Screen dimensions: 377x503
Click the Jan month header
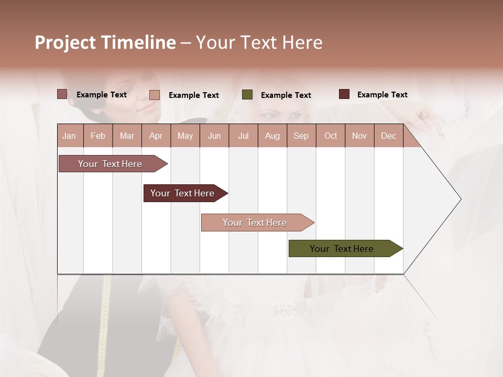pos(69,136)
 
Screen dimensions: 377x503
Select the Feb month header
pos(98,136)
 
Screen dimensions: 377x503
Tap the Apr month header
pos(156,136)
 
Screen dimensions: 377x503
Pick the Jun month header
pos(214,136)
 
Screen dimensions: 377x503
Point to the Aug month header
pos(272,136)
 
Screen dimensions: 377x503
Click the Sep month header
pos(301,136)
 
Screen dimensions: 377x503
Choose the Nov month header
pos(359,136)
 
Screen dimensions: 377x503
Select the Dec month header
pos(388,136)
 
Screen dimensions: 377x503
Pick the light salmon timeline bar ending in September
pos(255,223)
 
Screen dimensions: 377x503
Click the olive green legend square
pos(247,95)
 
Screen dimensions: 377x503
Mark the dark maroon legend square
pos(344,94)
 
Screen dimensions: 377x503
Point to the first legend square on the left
pos(62,94)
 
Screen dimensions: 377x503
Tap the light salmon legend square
pos(155,95)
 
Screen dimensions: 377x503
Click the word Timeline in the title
pos(138,42)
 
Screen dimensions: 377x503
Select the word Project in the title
pos(65,42)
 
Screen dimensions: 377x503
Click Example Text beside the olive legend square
pos(286,95)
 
